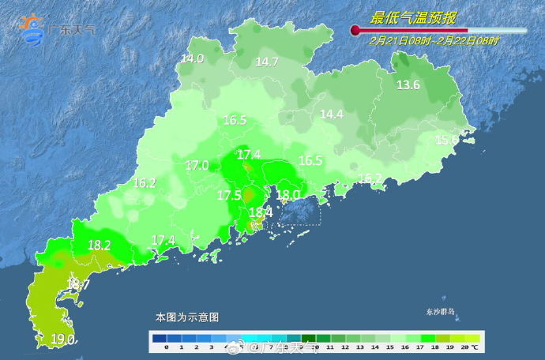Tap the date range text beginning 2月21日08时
click(x=434, y=40)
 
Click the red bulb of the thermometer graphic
click(x=355, y=31)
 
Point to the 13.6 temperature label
click(x=408, y=85)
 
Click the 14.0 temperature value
click(x=192, y=58)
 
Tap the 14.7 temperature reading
click(x=267, y=62)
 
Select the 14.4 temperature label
click(x=331, y=114)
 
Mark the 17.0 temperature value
click(x=197, y=166)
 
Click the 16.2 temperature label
click(x=145, y=183)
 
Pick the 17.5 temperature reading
click(x=229, y=195)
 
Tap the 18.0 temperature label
click(x=288, y=195)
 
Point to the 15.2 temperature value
click(x=370, y=178)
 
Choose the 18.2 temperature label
click(x=99, y=246)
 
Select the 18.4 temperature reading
click(x=261, y=212)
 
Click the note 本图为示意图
click(x=186, y=317)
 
